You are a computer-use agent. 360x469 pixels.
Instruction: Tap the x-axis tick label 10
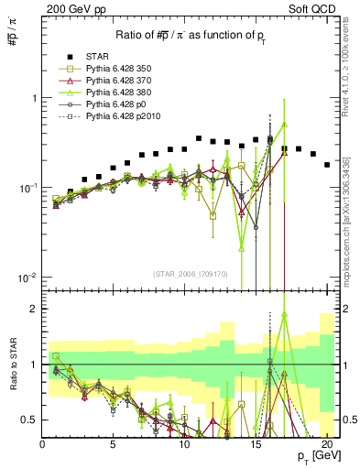click(x=185, y=443)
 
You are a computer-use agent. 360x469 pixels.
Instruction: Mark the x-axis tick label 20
click(x=328, y=443)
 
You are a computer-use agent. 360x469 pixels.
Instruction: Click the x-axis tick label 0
click(x=42, y=443)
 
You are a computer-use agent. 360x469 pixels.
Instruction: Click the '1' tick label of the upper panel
click(x=34, y=98)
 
